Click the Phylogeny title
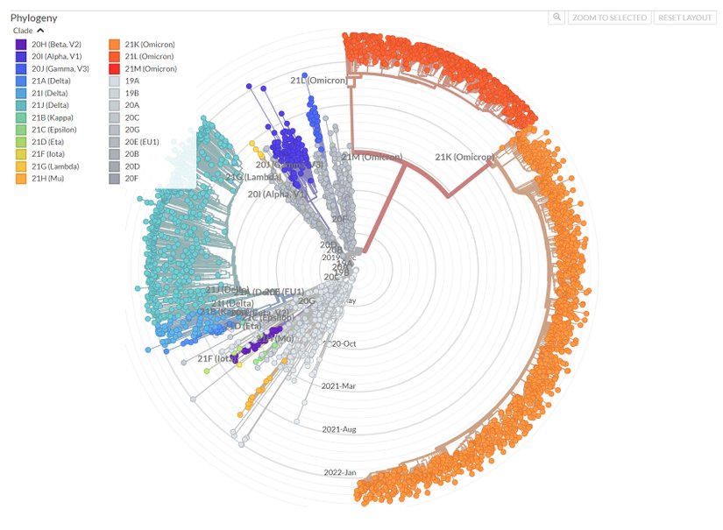(33, 18)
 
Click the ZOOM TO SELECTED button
(609, 18)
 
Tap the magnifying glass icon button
(556, 18)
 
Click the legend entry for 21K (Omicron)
(150, 44)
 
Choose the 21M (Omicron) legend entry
(150, 68)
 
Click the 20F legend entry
(131, 179)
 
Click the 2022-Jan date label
(340, 473)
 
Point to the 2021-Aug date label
(339, 429)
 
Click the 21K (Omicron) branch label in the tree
(464, 158)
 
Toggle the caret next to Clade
(40, 31)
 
